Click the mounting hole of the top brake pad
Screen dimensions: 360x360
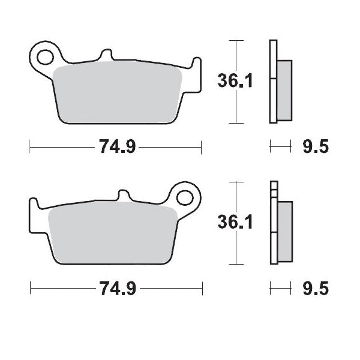(45, 58)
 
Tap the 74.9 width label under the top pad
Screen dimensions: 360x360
(115, 147)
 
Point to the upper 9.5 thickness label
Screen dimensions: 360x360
(315, 147)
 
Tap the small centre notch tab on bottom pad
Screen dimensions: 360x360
(124, 196)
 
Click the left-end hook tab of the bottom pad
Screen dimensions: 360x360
(34, 213)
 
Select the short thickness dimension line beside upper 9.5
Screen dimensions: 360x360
(280, 147)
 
